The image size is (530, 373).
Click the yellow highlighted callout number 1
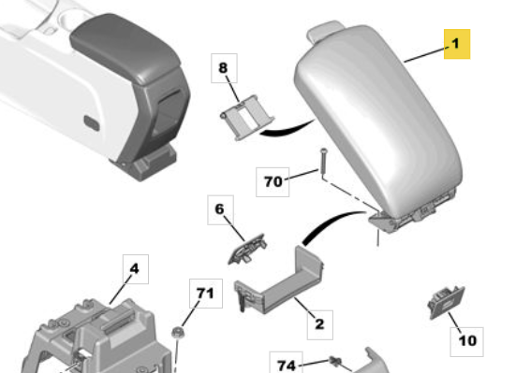tap(457, 44)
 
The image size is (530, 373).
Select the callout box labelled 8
tap(224, 68)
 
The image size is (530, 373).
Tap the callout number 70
tap(272, 182)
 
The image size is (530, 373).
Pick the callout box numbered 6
tap(220, 209)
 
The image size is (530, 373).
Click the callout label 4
tap(136, 269)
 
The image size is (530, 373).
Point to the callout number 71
tap(206, 294)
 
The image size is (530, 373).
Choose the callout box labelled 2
tap(319, 324)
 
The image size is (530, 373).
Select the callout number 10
tap(466, 341)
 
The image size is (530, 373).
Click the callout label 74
tap(286, 365)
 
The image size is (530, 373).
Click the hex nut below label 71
tap(177, 333)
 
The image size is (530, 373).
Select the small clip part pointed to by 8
tap(247, 118)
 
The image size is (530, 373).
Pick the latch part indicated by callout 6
tap(247, 249)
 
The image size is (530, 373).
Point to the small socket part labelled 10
tap(446, 302)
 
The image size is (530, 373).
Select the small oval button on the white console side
tap(92, 123)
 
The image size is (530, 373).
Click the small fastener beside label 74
tap(335, 362)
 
